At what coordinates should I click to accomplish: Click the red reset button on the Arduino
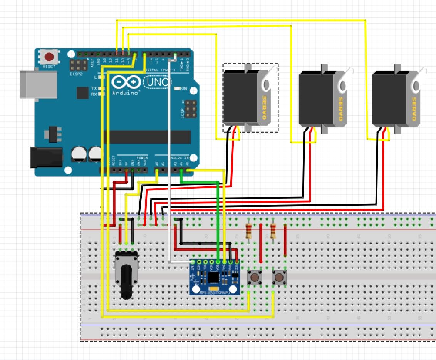coord(49,57)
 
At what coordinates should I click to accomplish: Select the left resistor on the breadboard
coord(249,231)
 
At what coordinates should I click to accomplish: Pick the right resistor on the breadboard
coord(273,231)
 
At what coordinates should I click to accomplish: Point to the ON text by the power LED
coord(184,89)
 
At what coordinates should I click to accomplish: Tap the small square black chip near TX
coord(82,93)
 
